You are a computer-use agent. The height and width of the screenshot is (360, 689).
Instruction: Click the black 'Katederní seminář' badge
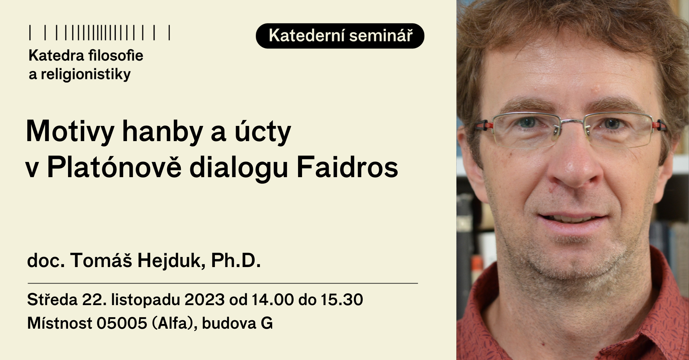point(340,36)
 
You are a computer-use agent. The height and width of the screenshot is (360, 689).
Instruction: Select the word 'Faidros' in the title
point(347,167)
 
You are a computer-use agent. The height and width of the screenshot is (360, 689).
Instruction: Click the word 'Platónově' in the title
point(114,167)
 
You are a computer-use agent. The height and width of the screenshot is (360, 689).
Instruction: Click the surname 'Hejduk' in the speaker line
point(171,260)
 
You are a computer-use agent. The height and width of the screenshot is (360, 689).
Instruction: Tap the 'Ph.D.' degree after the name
point(236,260)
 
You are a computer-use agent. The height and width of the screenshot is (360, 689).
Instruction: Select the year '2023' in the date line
point(204,299)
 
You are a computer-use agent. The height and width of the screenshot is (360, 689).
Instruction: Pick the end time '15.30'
point(342,299)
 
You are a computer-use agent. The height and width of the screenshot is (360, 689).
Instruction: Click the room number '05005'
point(122,323)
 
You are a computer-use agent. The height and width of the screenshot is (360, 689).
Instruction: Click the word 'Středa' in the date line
point(52,299)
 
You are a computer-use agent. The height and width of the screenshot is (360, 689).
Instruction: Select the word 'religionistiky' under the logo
point(86,74)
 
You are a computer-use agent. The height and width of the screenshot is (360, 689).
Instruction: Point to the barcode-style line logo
point(100,33)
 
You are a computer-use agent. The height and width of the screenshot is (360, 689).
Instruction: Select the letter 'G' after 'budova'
point(266,323)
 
